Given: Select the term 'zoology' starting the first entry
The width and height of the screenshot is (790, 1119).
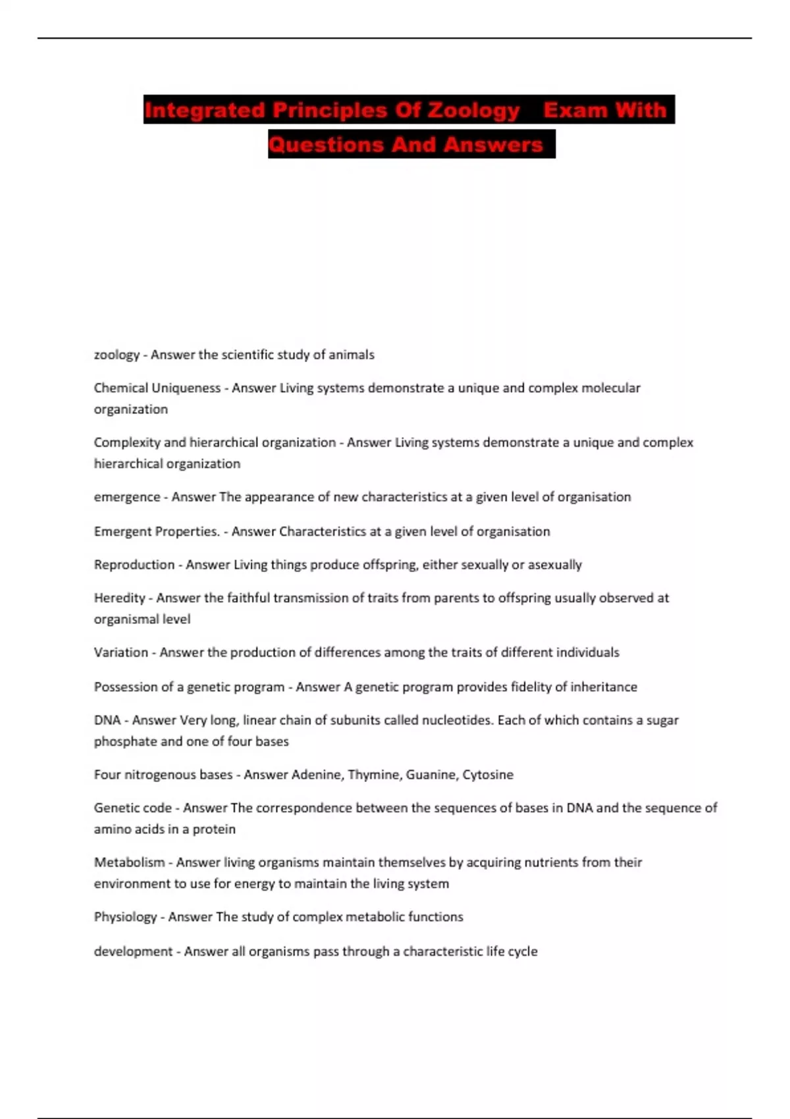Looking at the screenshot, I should coord(117,355).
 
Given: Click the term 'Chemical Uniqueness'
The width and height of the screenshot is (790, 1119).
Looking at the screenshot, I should coord(157,388).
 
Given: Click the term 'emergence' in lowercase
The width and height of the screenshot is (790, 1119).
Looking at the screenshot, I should coord(127,497).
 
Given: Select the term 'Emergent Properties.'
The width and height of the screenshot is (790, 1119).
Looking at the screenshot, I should coord(157,531).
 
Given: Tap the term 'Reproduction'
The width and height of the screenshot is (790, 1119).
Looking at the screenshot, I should coord(134,565).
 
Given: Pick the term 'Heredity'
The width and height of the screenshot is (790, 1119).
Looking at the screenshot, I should coord(119,598).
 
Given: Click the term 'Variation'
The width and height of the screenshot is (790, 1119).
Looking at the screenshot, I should coord(120,652).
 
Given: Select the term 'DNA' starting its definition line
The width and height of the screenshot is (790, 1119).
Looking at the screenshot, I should coord(107,720).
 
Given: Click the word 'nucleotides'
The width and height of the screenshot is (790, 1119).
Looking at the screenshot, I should coord(456,720).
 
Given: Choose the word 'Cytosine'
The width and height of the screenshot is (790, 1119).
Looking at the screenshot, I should coord(487,775).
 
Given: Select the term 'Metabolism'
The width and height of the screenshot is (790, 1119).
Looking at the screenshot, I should coord(129,862).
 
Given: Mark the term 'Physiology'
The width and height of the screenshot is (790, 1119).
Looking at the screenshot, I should coord(125,917).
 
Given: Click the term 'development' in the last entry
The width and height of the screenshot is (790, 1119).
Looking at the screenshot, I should coord(133,951).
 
